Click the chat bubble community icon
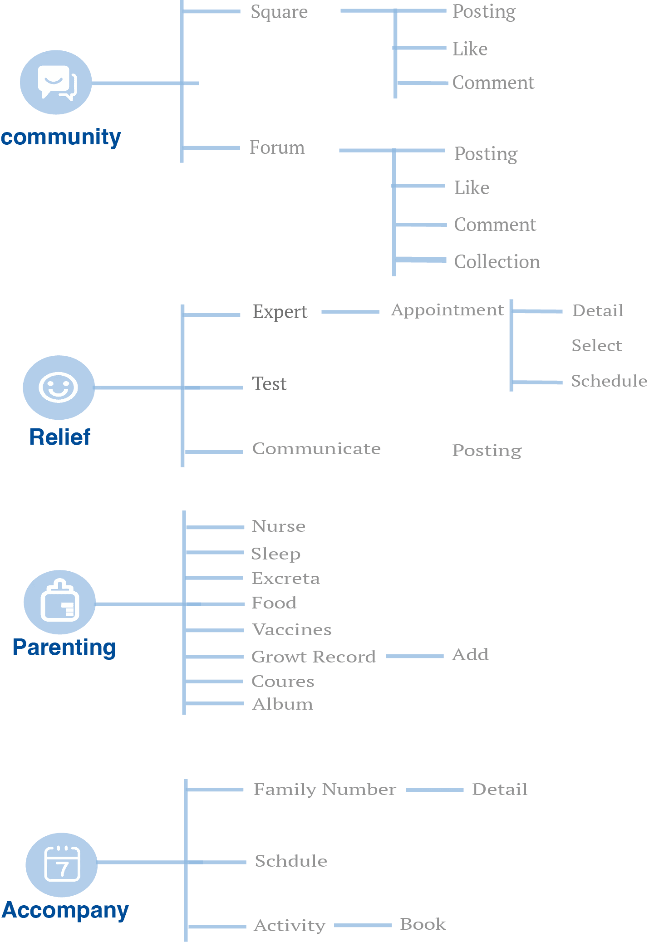click(56, 82)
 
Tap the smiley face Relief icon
click(59, 387)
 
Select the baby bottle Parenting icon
click(59, 602)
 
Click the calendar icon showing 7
click(62, 864)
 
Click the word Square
click(279, 12)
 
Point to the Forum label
click(277, 147)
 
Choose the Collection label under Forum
click(497, 262)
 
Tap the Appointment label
click(448, 310)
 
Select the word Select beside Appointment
click(596, 346)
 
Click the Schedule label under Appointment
click(609, 381)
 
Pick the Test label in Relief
click(269, 384)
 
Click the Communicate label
click(316, 449)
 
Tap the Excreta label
click(285, 579)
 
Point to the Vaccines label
click(292, 630)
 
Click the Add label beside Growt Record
click(470, 655)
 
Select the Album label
click(282, 704)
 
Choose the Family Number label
click(325, 790)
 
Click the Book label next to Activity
click(423, 924)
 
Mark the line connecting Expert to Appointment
click(350, 312)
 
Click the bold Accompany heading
click(65, 910)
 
